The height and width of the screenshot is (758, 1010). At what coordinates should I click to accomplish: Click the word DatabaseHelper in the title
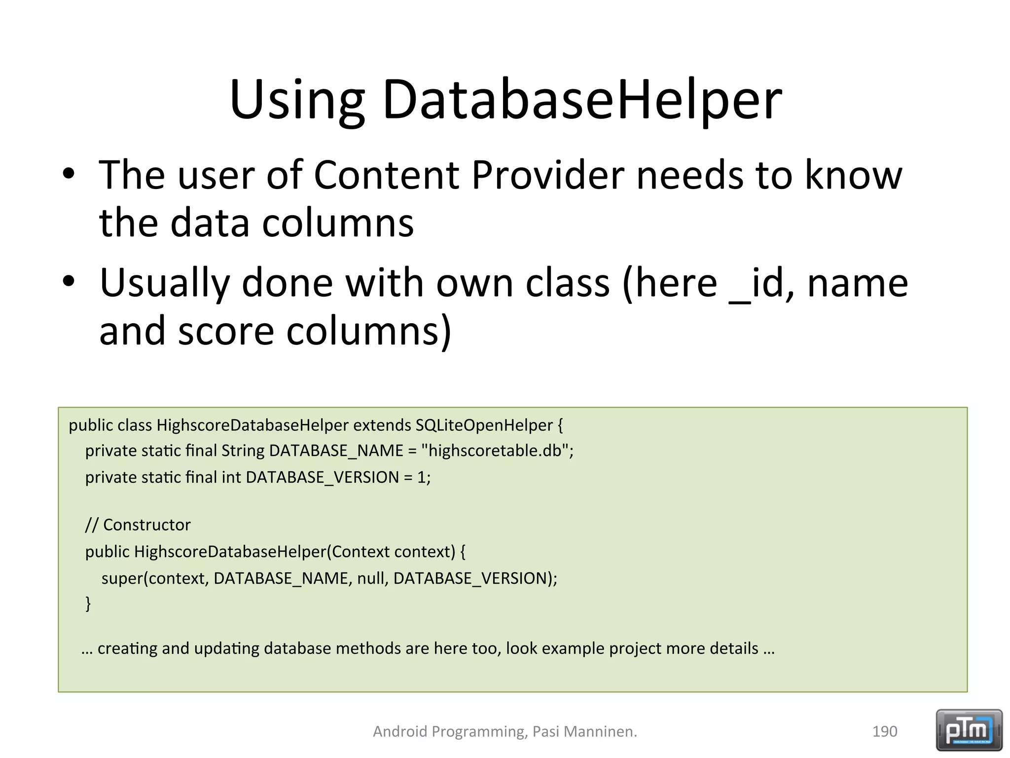[582, 101]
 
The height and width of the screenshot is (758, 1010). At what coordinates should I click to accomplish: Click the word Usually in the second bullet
[165, 284]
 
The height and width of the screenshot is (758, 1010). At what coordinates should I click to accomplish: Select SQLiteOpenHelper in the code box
[484, 425]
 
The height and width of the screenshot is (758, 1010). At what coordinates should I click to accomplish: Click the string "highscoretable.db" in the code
[496, 451]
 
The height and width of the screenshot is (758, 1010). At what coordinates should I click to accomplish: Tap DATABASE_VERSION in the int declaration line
[322, 477]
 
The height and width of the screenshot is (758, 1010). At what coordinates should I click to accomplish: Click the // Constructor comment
[138, 525]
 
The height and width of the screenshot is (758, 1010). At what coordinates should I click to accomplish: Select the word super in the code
[121, 578]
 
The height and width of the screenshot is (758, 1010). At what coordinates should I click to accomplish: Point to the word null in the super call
[372, 578]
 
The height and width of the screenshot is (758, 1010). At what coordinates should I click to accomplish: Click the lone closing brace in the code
[88, 603]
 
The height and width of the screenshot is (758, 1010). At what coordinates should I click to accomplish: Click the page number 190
[884, 731]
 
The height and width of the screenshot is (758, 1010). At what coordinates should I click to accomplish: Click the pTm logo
[969, 730]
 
